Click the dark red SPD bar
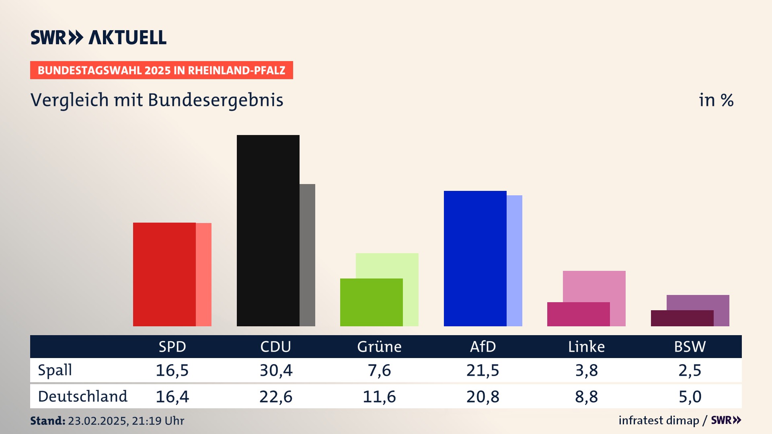tap(164, 274)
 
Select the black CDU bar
tap(268, 230)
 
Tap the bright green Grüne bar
tap(371, 302)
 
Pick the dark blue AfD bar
tap(475, 258)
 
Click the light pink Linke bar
tap(594, 286)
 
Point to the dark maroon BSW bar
tap(682, 318)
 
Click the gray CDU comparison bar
tap(308, 255)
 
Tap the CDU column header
tap(275, 347)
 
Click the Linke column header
tap(586, 347)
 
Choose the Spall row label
tap(55, 370)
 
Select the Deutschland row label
tap(82, 397)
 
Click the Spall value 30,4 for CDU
tap(276, 370)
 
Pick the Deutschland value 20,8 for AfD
tap(482, 397)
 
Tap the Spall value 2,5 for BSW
tap(690, 370)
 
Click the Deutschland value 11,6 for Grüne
tap(379, 397)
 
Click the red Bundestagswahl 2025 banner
tap(161, 70)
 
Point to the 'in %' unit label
tap(716, 100)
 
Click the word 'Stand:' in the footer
tap(47, 421)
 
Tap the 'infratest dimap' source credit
tap(659, 420)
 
